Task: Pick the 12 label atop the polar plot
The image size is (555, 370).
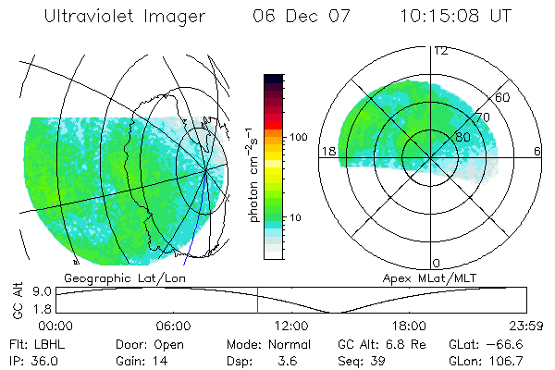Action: (440, 50)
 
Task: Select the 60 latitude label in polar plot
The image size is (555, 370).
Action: (503, 97)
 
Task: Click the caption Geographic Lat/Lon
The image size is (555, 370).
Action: (109, 277)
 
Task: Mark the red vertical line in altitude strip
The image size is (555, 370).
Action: (257, 301)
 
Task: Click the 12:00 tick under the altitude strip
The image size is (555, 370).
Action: (291, 326)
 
